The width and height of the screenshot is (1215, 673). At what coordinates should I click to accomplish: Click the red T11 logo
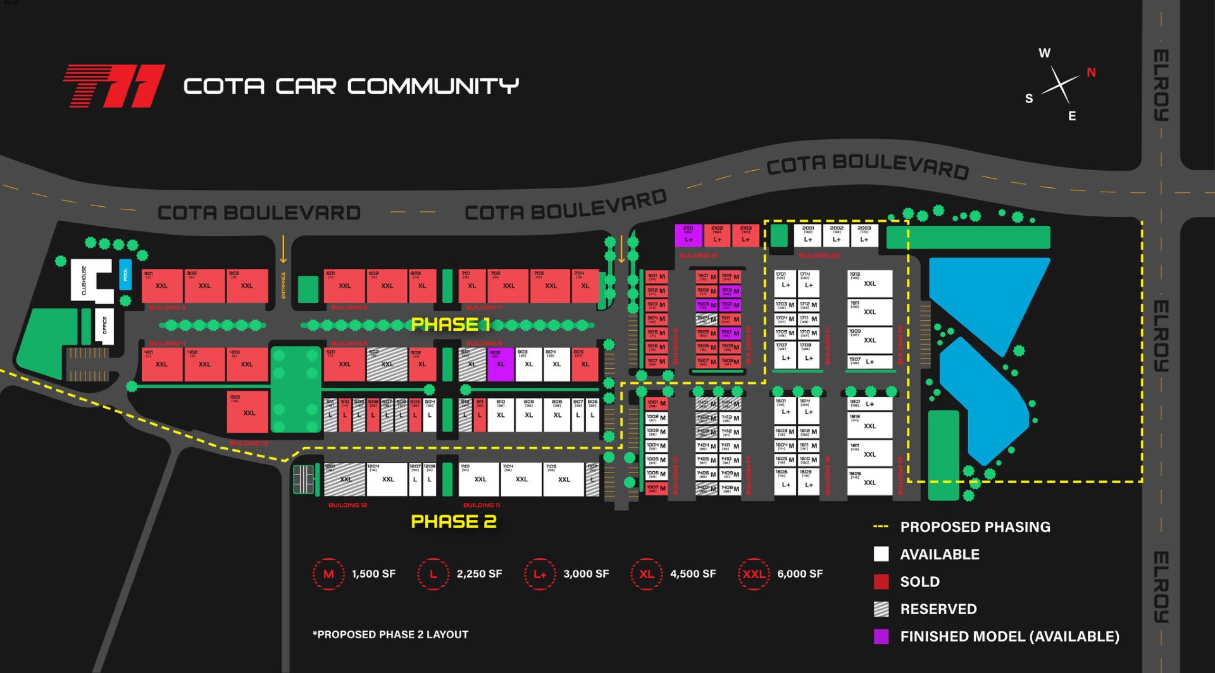click(115, 86)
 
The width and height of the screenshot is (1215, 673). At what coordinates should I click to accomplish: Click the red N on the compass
click(1091, 72)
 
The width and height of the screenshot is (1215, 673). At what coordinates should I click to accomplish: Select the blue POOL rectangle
click(125, 275)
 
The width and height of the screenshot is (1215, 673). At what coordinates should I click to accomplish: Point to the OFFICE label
click(105, 325)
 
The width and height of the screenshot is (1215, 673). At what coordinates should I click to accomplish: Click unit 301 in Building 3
click(162, 286)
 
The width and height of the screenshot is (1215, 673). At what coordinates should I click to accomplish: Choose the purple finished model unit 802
click(501, 364)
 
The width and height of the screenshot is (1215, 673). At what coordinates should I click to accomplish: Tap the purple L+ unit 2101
click(688, 235)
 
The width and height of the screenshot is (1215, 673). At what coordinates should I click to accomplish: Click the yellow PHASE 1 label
click(451, 324)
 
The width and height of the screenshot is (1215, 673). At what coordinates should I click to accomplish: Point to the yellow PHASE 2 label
click(454, 522)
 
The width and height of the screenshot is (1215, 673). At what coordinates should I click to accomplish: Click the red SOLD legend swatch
click(881, 582)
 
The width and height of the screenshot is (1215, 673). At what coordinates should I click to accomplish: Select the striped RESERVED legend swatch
click(881, 609)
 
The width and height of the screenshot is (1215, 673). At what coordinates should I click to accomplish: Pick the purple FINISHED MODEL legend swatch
click(881, 636)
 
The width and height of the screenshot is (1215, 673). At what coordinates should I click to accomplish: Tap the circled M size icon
click(328, 574)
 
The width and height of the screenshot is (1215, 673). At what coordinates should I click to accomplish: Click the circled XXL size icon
click(754, 574)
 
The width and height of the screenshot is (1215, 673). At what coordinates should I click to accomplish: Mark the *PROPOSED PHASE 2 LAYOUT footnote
click(390, 634)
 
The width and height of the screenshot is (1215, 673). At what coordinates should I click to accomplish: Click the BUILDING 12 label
click(347, 505)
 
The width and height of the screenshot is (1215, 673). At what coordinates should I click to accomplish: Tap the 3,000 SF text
click(586, 574)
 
